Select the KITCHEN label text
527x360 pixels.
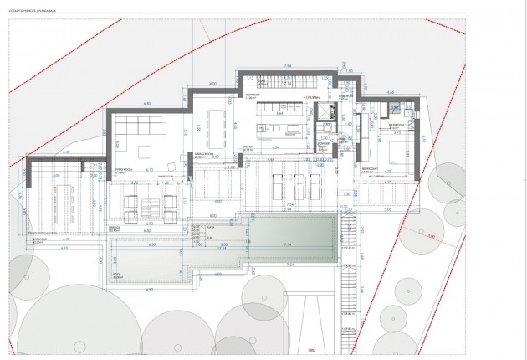[x=248, y=147]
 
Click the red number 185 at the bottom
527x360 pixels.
[x=311, y=351]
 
